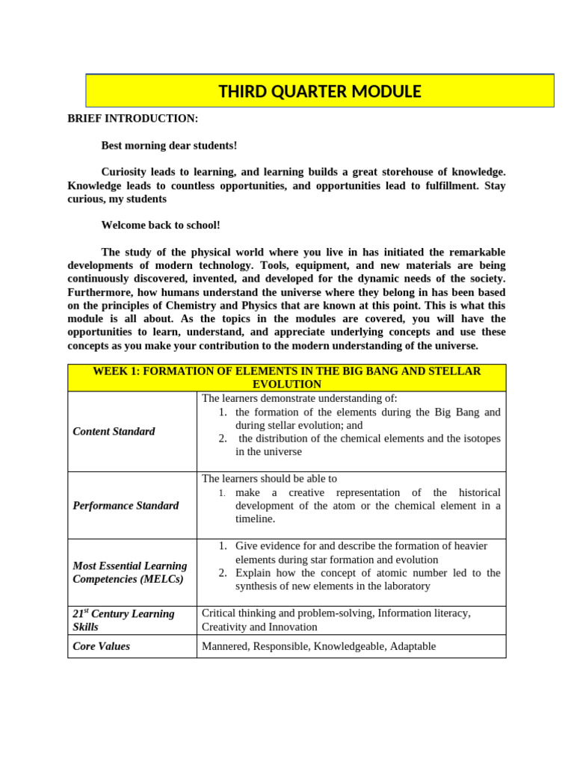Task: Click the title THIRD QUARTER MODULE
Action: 319,91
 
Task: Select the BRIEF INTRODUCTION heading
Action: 133,118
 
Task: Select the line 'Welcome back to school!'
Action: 161,225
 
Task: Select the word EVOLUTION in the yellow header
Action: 287,384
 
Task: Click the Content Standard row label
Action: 114,431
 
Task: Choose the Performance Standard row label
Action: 126,505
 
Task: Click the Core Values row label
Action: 101,646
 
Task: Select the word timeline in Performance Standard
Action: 253,518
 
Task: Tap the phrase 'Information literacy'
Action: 424,613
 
